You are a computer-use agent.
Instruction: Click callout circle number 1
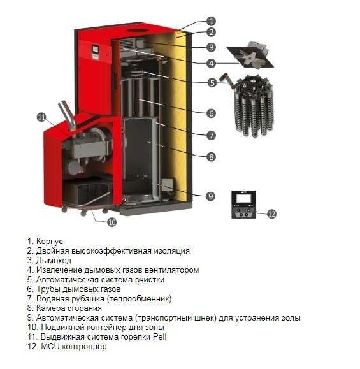[x=211, y=21]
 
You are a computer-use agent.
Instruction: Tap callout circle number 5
[x=212, y=83]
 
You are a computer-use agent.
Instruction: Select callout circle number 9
[x=210, y=196]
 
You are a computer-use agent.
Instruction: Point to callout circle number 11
[x=41, y=117]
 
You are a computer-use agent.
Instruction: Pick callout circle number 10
[x=112, y=222]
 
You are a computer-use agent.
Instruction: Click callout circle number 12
[x=272, y=213]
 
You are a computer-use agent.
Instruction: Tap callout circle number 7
[x=211, y=135]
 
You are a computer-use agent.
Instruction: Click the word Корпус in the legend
[x=50, y=242]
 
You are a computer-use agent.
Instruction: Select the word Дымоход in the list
[x=54, y=261]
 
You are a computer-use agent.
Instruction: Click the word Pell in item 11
[x=160, y=336]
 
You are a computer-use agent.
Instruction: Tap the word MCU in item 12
[x=50, y=347]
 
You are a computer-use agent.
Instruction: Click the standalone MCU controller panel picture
[x=244, y=205]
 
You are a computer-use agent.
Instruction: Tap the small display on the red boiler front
[x=96, y=48]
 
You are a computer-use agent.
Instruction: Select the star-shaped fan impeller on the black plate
[x=250, y=57]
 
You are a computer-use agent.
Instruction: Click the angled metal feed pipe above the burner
[x=68, y=115]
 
